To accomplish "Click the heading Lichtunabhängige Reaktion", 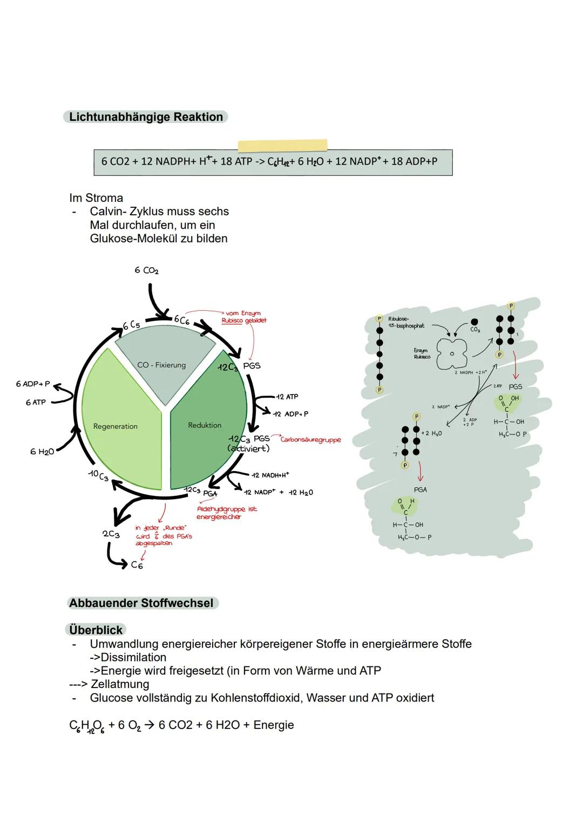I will [146, 117].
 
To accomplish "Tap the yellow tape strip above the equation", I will [282, 145].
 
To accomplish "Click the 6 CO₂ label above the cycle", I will [147, 270].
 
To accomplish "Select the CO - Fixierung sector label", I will [161, 365].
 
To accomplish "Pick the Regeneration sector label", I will [115, 426].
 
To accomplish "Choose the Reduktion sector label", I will [205, 425].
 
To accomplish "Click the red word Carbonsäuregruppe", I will [311, 440].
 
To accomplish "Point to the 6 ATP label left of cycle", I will [36, 403].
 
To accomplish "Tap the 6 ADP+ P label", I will [33, 384].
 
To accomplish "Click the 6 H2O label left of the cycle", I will [42, 452].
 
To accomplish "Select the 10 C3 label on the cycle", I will [99, 475].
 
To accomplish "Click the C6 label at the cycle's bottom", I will [137, 565].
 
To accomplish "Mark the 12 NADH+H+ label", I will [270, 475].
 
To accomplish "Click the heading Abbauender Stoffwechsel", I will [141, 603].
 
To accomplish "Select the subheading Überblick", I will [96, 630].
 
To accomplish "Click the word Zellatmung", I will [120, 684].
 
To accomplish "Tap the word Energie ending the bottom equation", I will [274, 725].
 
